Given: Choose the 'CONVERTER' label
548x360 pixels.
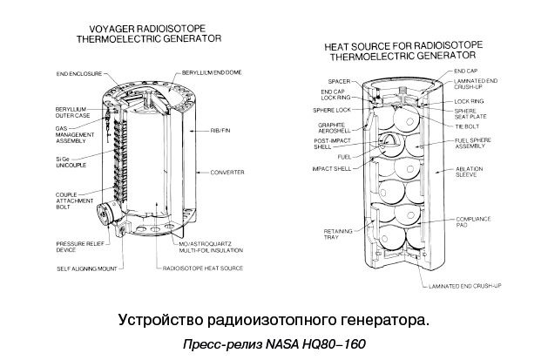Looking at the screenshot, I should pyautogui.click(x=226, y=173).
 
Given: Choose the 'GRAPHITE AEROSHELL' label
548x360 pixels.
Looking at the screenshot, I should pyautogui.click(x=328, y=130).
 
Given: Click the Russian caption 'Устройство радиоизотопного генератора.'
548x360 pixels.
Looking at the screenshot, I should pyautogui.click(x=273, y=320).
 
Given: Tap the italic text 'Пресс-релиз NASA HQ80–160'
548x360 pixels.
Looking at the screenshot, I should pyautogui.click(x=274, y=343).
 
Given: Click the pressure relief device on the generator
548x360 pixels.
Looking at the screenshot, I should pyautogui.click(x=107, y=214).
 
